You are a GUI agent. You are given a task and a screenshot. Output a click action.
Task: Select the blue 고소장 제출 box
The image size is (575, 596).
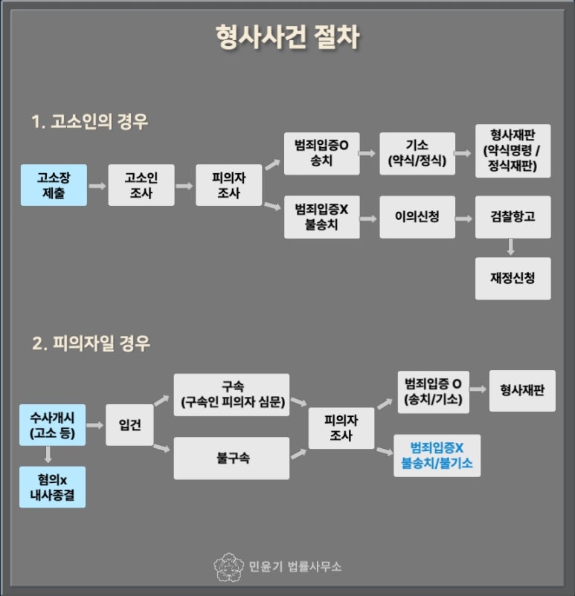click(x=53, y=184)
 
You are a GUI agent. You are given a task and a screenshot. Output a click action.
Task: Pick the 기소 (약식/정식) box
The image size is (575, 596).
click(x=417, y=155)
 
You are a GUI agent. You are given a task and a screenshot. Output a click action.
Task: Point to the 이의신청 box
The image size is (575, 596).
click(x=417, y=217)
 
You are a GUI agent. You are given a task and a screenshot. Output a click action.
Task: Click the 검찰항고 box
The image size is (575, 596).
click(x=513, y=217)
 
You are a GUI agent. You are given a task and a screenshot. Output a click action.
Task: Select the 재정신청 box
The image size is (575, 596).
click(x=513, y=279)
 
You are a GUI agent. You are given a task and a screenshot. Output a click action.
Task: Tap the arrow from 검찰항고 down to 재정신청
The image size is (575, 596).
click(x=512, y=247)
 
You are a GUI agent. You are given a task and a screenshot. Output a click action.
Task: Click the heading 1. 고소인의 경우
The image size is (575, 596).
click(x=89, y=122)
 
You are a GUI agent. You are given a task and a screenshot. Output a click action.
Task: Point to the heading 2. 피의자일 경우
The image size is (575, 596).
click(x=91, y=344)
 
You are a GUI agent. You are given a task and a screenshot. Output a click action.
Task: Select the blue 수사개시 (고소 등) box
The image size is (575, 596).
click(x=53, y=425)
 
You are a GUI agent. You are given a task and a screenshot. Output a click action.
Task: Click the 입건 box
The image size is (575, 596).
click(x=129, y=425)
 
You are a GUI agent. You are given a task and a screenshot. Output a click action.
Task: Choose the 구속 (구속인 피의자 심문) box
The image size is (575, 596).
click(x=231, y=395)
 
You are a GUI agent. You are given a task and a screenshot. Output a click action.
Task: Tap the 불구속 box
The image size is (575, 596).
click(x=231, y=458)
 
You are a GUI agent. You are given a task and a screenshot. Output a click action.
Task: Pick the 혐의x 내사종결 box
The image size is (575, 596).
click(x=53, y=487)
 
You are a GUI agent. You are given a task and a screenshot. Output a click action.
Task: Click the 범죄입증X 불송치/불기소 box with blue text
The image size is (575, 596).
click(x=437, y=456)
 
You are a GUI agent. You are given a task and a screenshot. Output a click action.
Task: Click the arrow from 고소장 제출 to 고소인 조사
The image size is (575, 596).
click(x=97, y=184)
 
